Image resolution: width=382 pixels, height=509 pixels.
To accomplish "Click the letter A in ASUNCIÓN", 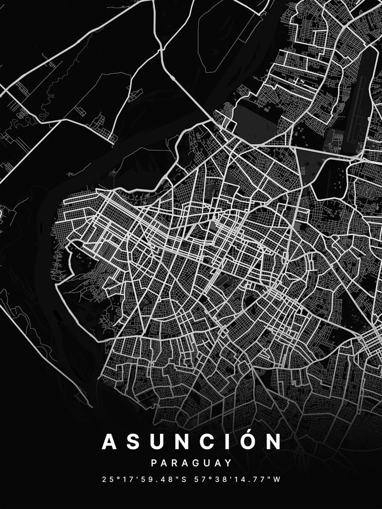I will click(111, 442).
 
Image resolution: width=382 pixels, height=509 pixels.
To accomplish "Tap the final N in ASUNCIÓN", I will click(274, 442).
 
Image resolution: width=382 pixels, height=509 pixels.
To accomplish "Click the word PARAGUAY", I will click(191, 463).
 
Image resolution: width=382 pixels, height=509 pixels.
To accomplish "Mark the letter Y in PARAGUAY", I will click(229, 463).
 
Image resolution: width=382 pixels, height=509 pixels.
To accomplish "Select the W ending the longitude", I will click(277, 479).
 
